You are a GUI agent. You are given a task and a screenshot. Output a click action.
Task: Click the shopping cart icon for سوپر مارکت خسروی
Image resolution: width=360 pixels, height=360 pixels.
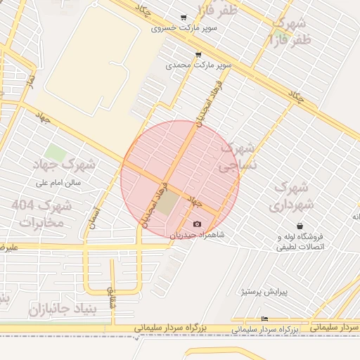pyautogui.click(x=184, y=18)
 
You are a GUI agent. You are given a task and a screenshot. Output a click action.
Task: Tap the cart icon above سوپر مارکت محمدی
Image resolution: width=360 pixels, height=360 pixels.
pyautogui.click(x=198, y=54)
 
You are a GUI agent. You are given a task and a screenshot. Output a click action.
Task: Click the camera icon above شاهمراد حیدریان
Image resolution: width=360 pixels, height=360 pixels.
pyautogui.click(x=197, y=224)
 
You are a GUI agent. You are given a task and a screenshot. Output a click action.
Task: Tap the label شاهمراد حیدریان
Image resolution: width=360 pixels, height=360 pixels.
pyautogui.click(x=196, y=234)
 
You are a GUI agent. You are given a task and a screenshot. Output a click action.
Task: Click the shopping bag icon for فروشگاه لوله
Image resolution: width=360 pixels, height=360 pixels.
pyautogui.click(x=301, y=226)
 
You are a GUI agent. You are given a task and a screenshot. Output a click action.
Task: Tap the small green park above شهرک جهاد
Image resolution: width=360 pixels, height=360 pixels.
pyautogui.click(x=54, y=152)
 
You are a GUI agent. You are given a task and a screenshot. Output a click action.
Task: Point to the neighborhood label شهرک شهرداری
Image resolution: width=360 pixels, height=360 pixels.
pyautogui.click(x=288, y=196)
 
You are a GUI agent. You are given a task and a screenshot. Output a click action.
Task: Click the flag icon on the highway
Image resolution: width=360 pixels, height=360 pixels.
pyautogui.click(x=264, y=319)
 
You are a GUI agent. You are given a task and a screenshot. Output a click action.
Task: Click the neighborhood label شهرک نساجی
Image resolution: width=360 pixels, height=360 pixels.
pyautogui.click(x=238, y=158)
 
